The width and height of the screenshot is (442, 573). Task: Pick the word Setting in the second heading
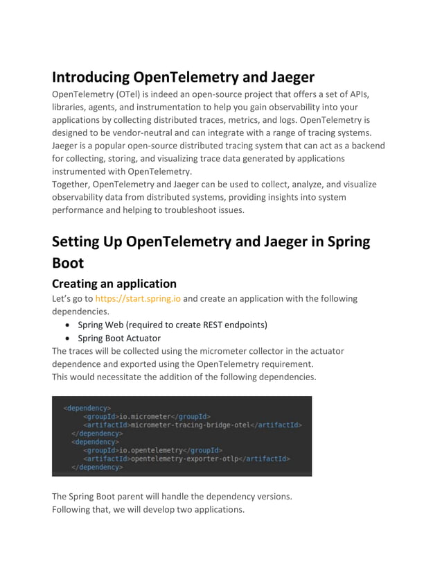point(80,242)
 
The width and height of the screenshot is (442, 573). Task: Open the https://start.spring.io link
point(138,299)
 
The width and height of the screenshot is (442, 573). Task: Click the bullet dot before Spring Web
point(66,325)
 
